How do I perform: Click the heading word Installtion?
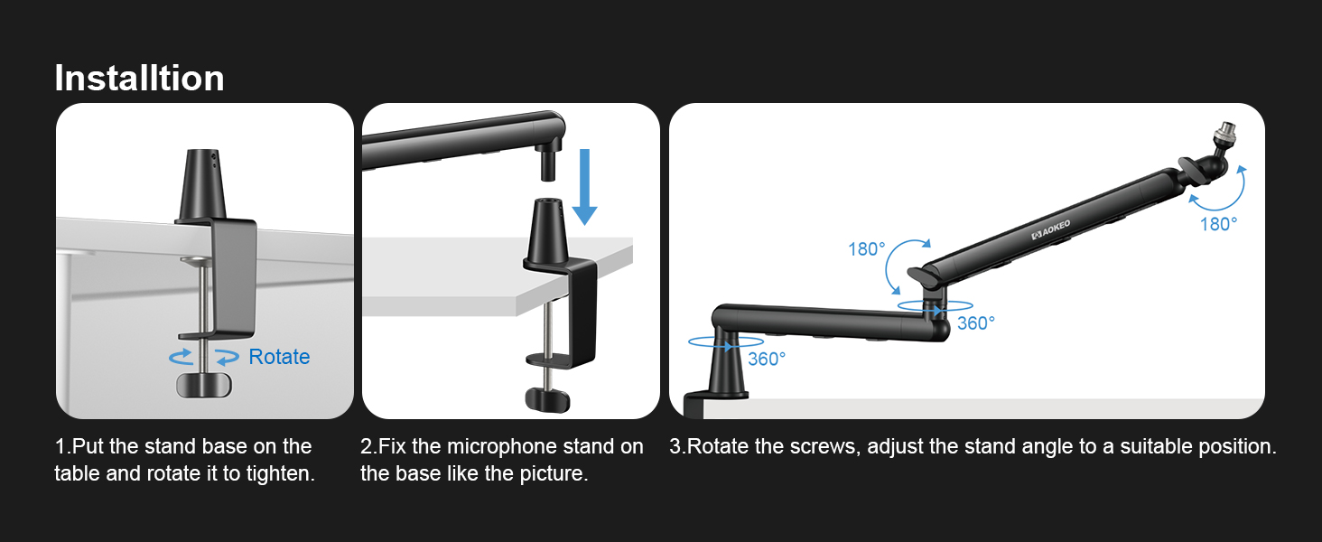point(139,79)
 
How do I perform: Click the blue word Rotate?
point(279,357)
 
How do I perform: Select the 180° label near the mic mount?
point(1218,224)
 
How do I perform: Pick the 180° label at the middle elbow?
point(866,248)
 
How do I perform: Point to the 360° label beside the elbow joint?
point(975,322)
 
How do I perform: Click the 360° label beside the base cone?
point(767,359)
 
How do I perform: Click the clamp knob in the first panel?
point(202,384)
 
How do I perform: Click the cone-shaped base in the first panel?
point(204,185)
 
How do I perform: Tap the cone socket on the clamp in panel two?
point(548,233)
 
